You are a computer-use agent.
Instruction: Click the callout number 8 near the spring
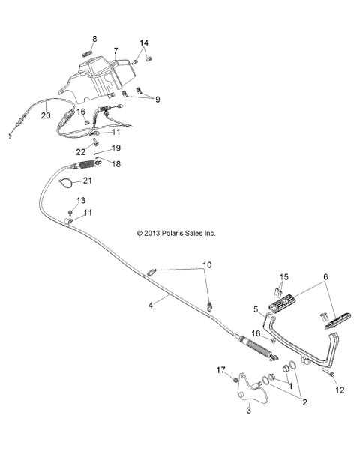94,38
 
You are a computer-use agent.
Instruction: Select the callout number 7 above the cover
115,51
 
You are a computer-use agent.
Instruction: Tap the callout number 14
145,43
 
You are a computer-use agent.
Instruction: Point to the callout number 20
45,115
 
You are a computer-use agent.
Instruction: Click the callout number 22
82,152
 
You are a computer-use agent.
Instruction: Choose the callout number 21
108,181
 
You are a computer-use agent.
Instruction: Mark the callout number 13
81,200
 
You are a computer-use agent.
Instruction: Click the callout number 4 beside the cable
150,304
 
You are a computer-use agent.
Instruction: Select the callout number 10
207,266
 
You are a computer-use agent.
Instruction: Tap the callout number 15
283,277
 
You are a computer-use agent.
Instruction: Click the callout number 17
220,370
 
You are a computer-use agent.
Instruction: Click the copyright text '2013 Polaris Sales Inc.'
176,233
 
